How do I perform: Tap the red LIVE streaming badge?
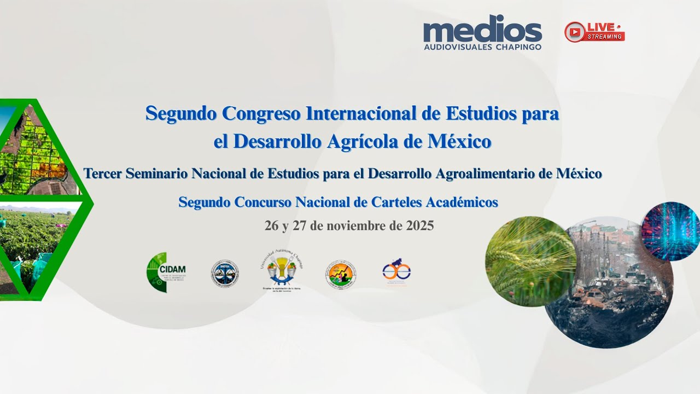click(x=594, y=32)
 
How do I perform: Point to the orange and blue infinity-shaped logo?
click(x=396, y=272)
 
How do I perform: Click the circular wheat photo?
click(x=529, y=261)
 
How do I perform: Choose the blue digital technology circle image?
click(x=671, y=231)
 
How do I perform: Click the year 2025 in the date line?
click(x=419, y=226)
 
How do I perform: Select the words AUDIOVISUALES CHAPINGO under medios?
click(x=482, y=47)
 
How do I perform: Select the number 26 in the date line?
click(x=272, y=226)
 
